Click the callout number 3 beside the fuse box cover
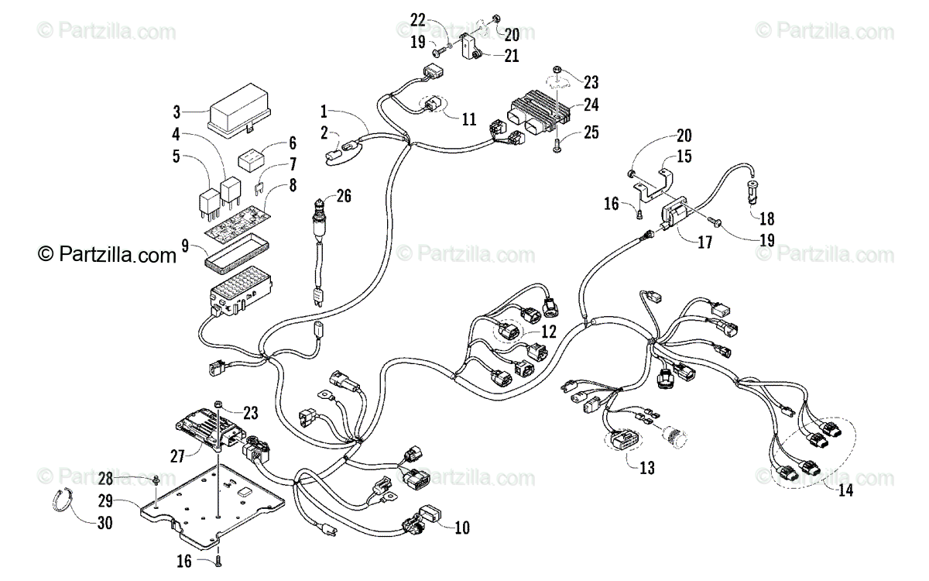pos(177,112)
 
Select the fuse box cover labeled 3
pos(239,110)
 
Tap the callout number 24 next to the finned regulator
pos(591,105)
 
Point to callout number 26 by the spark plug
pos(344,196)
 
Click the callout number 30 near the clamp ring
pos(105,523)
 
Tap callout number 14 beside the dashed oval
pos(845,490)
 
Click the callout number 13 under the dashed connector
pos(647,468)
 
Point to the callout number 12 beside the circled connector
pos(549,332)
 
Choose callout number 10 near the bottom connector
pos(462,528)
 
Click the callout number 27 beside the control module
pos(177,456)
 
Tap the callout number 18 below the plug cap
pos(767,218)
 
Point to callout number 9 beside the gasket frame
pos(185,246)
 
